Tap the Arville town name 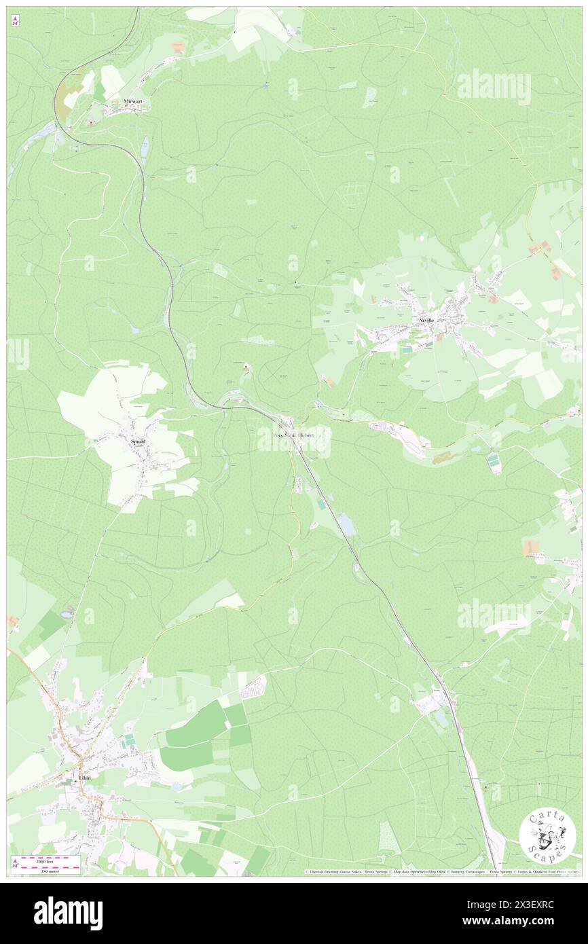click(x=426, y=318)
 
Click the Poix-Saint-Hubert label click(x=293, y=435)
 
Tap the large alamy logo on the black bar click(x=68, y=912)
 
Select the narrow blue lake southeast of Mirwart click(x=144, y=145)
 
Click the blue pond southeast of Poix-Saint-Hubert click(x=346, y=524)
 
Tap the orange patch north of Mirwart click(x=178, y=46)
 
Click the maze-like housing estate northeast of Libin click(x=253, y=687)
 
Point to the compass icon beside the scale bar click(x=15, y=862)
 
